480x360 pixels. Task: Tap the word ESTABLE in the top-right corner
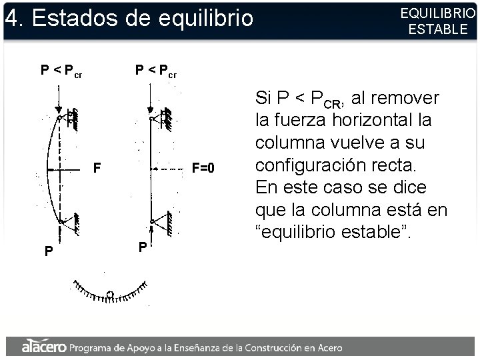(x=438, y=29)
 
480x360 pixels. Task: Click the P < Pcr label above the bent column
(x=61, y=70)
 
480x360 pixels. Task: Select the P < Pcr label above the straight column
(x=156, y=70)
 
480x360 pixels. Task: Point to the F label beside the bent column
(x=97, y=169)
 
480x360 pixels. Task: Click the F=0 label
(x=203, y=169)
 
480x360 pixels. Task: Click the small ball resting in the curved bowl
(x=110, y=294)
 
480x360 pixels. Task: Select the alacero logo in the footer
(x=43, y=347)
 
